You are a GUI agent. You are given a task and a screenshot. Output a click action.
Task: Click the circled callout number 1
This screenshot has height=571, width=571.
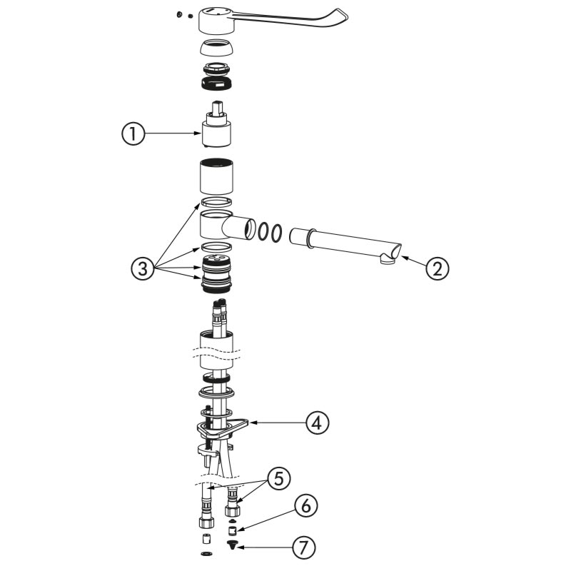[133, 133]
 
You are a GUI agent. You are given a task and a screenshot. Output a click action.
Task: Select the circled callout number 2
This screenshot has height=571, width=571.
[437, 268]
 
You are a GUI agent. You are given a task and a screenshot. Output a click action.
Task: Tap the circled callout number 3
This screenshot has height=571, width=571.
[143, 269]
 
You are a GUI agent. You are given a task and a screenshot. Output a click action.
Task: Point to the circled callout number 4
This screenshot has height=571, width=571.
[318, 423]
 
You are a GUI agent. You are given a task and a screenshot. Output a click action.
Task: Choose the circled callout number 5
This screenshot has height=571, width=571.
[278, 478]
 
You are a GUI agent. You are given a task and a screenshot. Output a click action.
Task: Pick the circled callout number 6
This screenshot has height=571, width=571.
[306, 505]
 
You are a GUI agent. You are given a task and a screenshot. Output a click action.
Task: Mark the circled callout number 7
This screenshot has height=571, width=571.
[303, 547]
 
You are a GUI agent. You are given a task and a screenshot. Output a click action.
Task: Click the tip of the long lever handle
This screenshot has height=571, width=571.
[347, 17]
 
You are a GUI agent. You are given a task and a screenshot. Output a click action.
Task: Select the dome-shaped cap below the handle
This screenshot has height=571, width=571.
[216, 47]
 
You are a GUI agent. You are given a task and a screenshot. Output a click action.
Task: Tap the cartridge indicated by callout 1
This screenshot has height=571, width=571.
[216, 124]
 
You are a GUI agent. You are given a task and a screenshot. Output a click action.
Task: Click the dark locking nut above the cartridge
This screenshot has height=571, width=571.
[216, 84]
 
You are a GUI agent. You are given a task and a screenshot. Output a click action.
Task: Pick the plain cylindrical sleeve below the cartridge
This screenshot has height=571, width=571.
[216, 176]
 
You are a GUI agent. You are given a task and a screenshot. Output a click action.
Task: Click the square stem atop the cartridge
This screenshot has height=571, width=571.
[217, 108]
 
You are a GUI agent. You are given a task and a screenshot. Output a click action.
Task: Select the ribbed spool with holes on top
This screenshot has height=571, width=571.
[216, 273]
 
